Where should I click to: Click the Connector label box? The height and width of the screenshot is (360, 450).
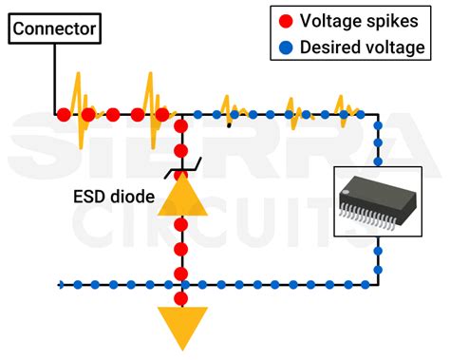54,28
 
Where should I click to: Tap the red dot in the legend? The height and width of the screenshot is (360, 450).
284,20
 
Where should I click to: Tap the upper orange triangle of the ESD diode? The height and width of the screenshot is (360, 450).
180,196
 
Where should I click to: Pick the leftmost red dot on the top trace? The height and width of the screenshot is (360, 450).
63,115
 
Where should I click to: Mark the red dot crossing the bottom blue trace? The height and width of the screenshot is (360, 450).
180,284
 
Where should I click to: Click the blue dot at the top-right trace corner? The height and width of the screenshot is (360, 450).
378,115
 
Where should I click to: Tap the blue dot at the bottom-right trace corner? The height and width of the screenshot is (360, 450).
378,283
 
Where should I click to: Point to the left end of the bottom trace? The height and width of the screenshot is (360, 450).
62,284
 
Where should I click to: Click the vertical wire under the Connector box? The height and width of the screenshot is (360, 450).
54,76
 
